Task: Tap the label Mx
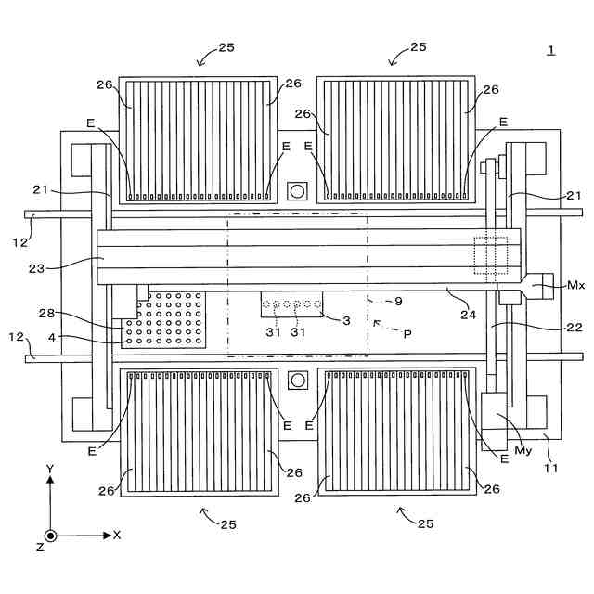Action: [575, 286]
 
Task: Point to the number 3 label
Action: [346, 320]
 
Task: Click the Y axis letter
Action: [49, 471]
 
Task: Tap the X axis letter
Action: [117, 536]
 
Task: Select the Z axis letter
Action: [40, 548]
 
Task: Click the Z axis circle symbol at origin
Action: [50, 536]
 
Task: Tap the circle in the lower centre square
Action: [297, 381]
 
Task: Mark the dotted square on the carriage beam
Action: [491, 257]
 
